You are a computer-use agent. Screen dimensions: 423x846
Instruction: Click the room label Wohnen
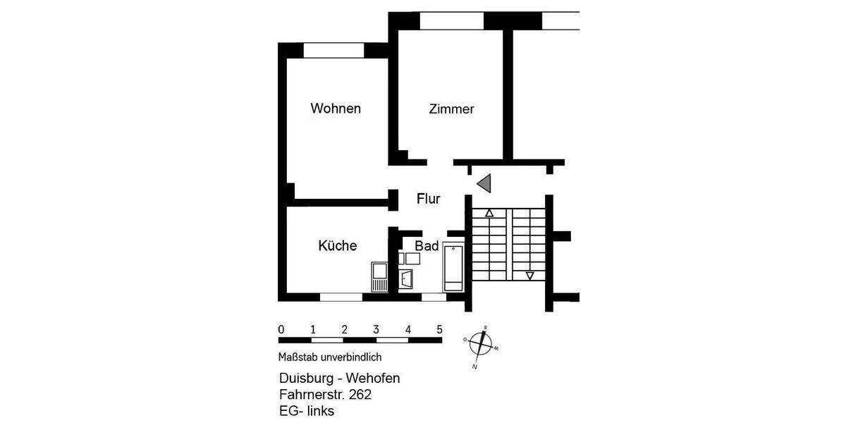click(336, 109)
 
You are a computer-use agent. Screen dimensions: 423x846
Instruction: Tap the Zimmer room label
click(451, 109)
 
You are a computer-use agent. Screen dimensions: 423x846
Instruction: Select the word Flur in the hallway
click(428, 199)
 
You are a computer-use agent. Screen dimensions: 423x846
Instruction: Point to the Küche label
click(337, 245)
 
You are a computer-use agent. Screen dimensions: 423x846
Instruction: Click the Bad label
click(427, 246)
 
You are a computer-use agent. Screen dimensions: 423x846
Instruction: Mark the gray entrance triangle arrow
click(484, 184)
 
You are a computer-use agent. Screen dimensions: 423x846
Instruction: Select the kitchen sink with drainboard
click(379, 276)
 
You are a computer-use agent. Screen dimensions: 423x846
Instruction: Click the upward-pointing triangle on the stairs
click(489, 212)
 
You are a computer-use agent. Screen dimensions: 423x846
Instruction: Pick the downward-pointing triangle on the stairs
click(530, 276)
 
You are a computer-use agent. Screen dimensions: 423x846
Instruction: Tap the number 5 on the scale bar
click(439, 329)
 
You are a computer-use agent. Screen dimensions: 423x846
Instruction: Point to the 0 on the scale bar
click(281, 329)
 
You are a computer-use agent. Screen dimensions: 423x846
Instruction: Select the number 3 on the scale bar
click(376, 329)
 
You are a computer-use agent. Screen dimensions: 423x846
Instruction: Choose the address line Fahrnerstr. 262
click(325, 395)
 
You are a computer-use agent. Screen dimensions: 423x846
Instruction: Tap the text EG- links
click(307, 411)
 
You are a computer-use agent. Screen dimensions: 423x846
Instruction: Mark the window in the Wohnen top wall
click(333, 50)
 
